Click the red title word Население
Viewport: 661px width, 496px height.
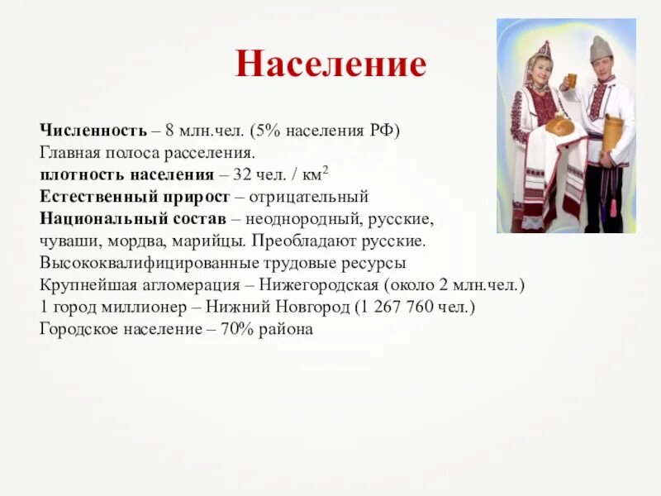330,64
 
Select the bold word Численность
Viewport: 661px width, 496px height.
93,131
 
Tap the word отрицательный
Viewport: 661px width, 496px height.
312,198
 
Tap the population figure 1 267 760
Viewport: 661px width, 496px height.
403,307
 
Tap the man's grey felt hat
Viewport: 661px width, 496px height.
602,48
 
